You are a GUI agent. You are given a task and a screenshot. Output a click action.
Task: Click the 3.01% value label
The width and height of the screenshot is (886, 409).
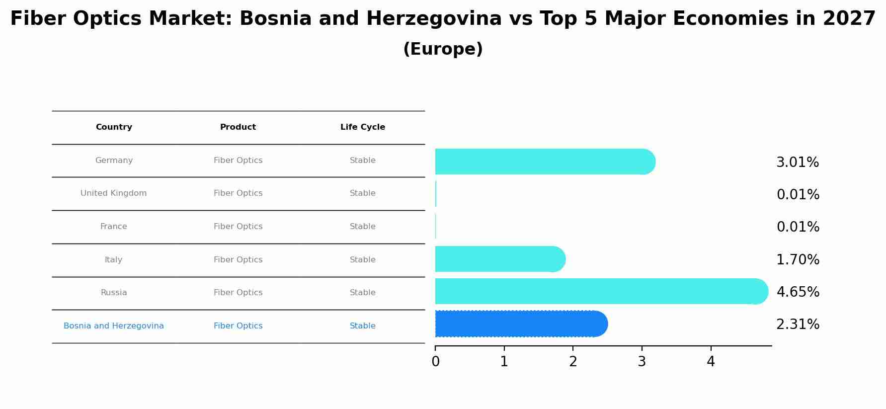click(x=797, y=163)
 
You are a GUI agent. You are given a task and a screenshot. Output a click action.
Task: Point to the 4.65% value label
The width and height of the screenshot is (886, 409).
click(x=798, y=292)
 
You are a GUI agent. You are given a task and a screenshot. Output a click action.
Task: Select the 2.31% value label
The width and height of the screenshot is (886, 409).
click(x=798, y=325)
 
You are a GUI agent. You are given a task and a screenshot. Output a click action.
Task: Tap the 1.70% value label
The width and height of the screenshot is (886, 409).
click(x=798, y=260)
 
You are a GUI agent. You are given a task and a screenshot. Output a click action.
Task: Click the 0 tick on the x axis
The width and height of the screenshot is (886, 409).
click(x=435, y=362)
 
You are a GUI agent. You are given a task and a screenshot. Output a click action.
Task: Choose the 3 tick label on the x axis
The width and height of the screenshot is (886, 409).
click(x=642, y=362)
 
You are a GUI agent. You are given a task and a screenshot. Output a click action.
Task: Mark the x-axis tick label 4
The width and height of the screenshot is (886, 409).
click(x=711, y=362)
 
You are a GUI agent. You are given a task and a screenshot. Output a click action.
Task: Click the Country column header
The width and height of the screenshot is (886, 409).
click(x=114, y=127)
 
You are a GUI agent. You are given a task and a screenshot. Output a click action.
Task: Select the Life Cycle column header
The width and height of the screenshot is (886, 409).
click(x=362, y=127)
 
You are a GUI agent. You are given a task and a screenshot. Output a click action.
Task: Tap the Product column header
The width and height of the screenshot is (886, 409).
click(x=238, y=127)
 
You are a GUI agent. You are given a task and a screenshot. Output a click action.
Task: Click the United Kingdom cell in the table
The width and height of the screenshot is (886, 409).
click(x=114, y=193)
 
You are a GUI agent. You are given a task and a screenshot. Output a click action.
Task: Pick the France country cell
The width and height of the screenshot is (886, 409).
click(x=114, y=227)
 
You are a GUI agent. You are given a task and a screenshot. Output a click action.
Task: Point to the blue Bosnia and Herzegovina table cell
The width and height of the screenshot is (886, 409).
click(x=114, y=326)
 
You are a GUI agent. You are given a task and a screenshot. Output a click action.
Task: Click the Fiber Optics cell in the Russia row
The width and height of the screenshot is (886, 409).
click(x=238, y=293)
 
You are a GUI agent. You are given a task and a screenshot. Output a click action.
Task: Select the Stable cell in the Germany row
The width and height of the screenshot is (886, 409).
click(x=362, y=161)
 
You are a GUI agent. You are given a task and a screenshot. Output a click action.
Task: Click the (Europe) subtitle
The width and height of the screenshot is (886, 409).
click(x=443, y=49)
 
